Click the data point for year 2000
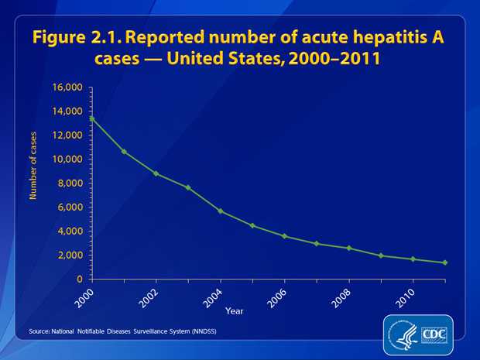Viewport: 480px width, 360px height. point(92,118)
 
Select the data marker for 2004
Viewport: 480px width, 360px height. point(221,211)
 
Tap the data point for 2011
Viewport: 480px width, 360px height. point(445,262)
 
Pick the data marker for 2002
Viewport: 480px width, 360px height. point(156,173)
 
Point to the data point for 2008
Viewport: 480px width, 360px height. point(349,248)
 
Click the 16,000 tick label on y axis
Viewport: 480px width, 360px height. point(67,87)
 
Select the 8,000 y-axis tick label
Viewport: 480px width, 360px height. point(70,183)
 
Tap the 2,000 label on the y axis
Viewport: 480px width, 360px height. point(70,255)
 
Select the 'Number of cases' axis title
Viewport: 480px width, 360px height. point(33,166)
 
